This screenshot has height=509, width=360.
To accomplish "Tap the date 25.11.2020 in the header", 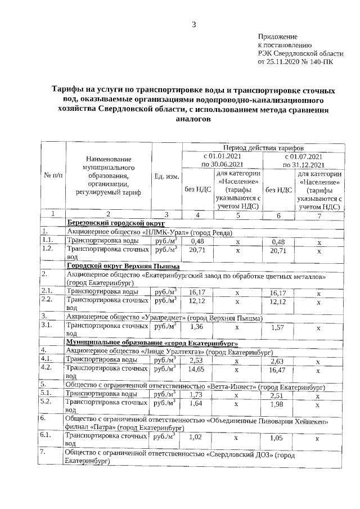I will [x=283, y=62].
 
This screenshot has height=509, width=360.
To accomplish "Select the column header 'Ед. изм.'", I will [x=166, y=176].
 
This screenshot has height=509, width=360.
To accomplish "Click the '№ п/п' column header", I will [x=53, y=176].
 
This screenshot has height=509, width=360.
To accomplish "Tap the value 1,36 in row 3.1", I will [x=196, y=326].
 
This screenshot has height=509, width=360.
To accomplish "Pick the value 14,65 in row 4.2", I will [x=196, y=369].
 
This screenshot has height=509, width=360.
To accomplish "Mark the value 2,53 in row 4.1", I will [x=196, y=361].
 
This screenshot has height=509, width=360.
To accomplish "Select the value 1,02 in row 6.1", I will [x=196, y=436].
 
